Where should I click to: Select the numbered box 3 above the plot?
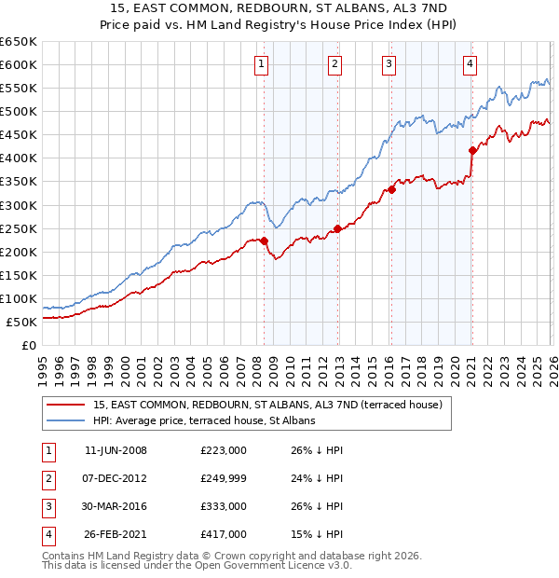pos(388,63)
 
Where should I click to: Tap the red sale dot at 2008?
pos(264,241)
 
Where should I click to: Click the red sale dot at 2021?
pos(472,150)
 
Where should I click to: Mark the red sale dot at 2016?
pos(391,189)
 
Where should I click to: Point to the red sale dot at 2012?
pos(337,228)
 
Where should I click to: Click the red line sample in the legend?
pos(66,405)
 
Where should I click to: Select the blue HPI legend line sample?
pos(66,420)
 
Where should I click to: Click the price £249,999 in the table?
pos(223,478)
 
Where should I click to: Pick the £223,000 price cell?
pos(223,450)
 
